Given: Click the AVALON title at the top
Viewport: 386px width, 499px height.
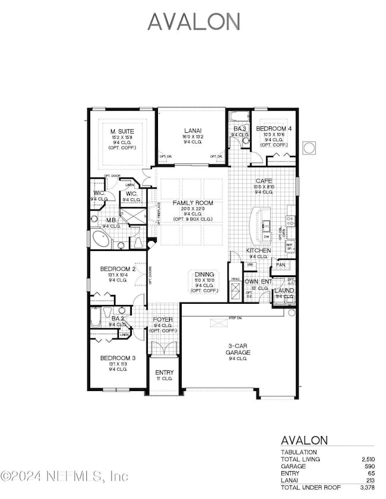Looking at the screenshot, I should click(x=194, y=21).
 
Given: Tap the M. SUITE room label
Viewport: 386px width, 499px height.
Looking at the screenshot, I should click(x=122, y=131).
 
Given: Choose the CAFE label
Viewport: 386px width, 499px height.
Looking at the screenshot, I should click(x=264, y=180).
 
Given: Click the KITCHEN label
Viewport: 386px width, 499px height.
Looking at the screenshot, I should click(x=259, y=251).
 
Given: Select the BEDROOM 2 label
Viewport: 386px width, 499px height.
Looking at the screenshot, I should click(x=118, y=269).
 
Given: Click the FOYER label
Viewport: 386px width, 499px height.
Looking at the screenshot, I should click(x=163, y=319).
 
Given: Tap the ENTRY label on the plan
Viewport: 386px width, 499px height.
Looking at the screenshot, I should click(x=164, y=373).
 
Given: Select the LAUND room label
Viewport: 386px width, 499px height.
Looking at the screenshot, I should click(x=284, y=291).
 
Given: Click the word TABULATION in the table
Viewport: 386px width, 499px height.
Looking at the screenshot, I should click(x=299, y=452).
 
